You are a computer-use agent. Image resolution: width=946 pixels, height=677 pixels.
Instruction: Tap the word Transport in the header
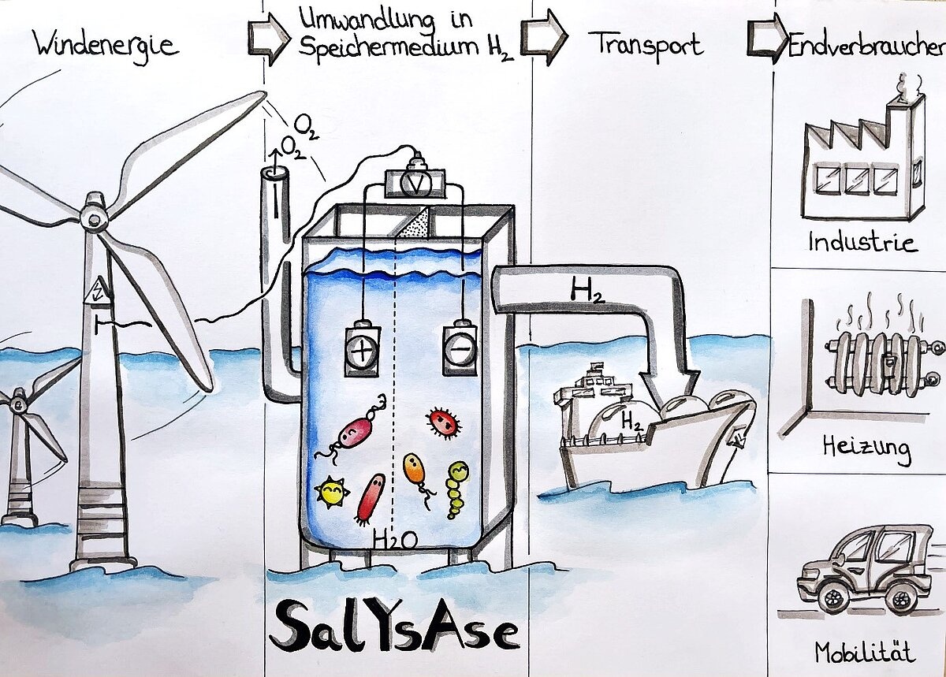644,44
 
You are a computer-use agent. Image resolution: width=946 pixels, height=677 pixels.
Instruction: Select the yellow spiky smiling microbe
332,493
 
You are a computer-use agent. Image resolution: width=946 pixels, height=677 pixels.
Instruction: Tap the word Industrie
862,241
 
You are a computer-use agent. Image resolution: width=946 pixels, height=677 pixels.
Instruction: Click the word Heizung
865,450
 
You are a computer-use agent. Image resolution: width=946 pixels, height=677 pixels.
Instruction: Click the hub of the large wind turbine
94,215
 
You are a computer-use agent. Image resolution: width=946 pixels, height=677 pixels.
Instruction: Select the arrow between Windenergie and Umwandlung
269,39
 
